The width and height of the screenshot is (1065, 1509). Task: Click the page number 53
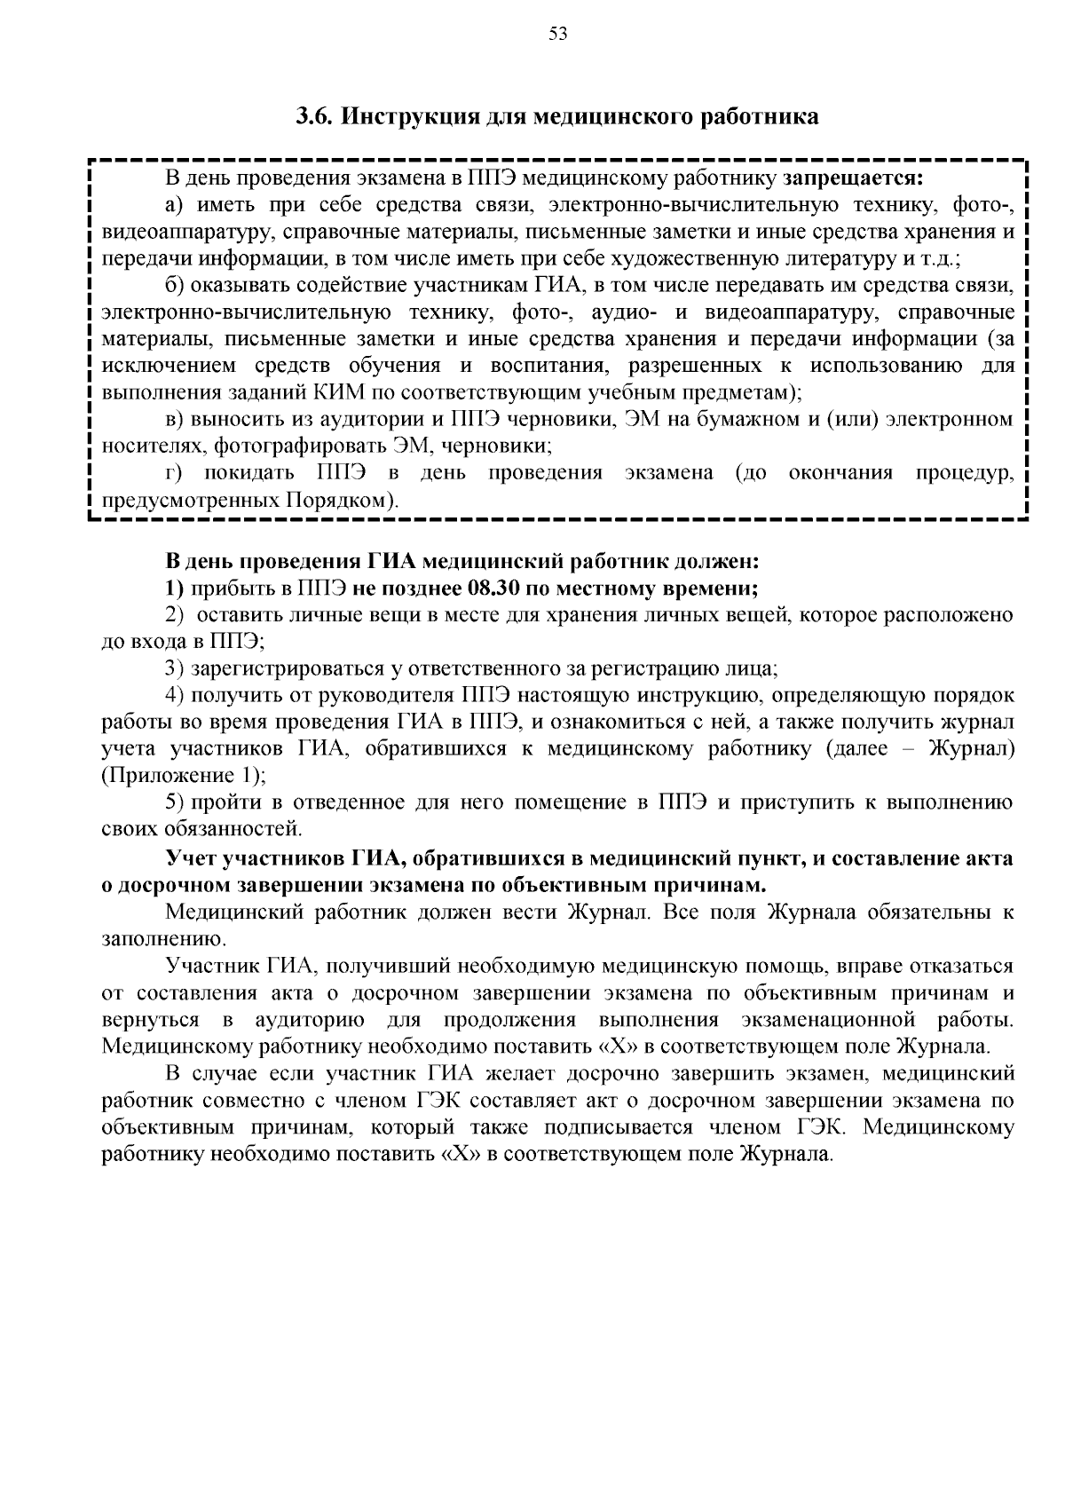(x=557, y=35)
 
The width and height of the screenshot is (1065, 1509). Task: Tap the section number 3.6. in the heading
(x=315, y=117)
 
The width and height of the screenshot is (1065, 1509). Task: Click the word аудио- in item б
(x=624, y=312)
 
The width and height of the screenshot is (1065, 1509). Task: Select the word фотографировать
(x=335, y=446)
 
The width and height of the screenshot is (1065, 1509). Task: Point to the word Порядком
(x=336, y=500)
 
